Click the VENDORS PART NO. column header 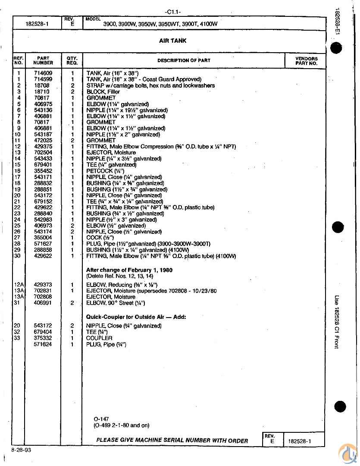click(306, 61)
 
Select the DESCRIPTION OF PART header click(184, 60)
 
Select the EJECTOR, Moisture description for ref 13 click(111, 152)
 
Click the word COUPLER click(99, 338)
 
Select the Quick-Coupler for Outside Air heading click(136, 317)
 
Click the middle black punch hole click(338, 227)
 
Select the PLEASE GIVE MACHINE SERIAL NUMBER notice click(172, 441)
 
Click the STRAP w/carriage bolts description click(150, 85)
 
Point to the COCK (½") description click(100, 238)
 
